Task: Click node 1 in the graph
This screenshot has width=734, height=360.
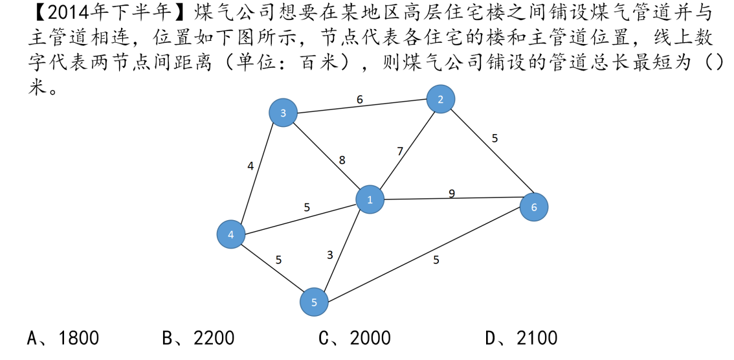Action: pos(370,200)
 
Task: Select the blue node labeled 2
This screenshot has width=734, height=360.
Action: pos(441,99)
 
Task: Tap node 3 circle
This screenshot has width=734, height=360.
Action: pos(283,114)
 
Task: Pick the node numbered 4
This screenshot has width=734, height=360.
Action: pos(231,234)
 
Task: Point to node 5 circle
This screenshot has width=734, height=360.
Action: pos(314,302)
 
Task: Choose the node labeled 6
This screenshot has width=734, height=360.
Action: pos(534,207)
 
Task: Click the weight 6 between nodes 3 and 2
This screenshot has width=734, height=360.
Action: pos(360,100)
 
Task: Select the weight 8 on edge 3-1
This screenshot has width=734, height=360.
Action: pos(342,160)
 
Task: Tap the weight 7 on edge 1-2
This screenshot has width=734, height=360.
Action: pos(400,152)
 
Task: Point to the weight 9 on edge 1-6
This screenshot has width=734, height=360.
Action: pos(452,193)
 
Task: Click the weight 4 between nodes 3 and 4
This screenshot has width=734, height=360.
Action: pos(250,166)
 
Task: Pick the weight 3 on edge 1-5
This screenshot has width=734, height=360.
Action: pos(330,255)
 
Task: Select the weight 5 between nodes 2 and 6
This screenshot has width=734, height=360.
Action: pos(495,138)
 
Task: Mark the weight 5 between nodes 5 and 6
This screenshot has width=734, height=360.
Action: pos(436,260)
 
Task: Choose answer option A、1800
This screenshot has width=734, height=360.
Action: pos(63,338)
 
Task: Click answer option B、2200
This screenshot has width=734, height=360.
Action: pos(198,338)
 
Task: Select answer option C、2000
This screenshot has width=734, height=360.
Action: pos(355,338)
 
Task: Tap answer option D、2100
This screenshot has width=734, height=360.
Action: pos(521,338)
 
